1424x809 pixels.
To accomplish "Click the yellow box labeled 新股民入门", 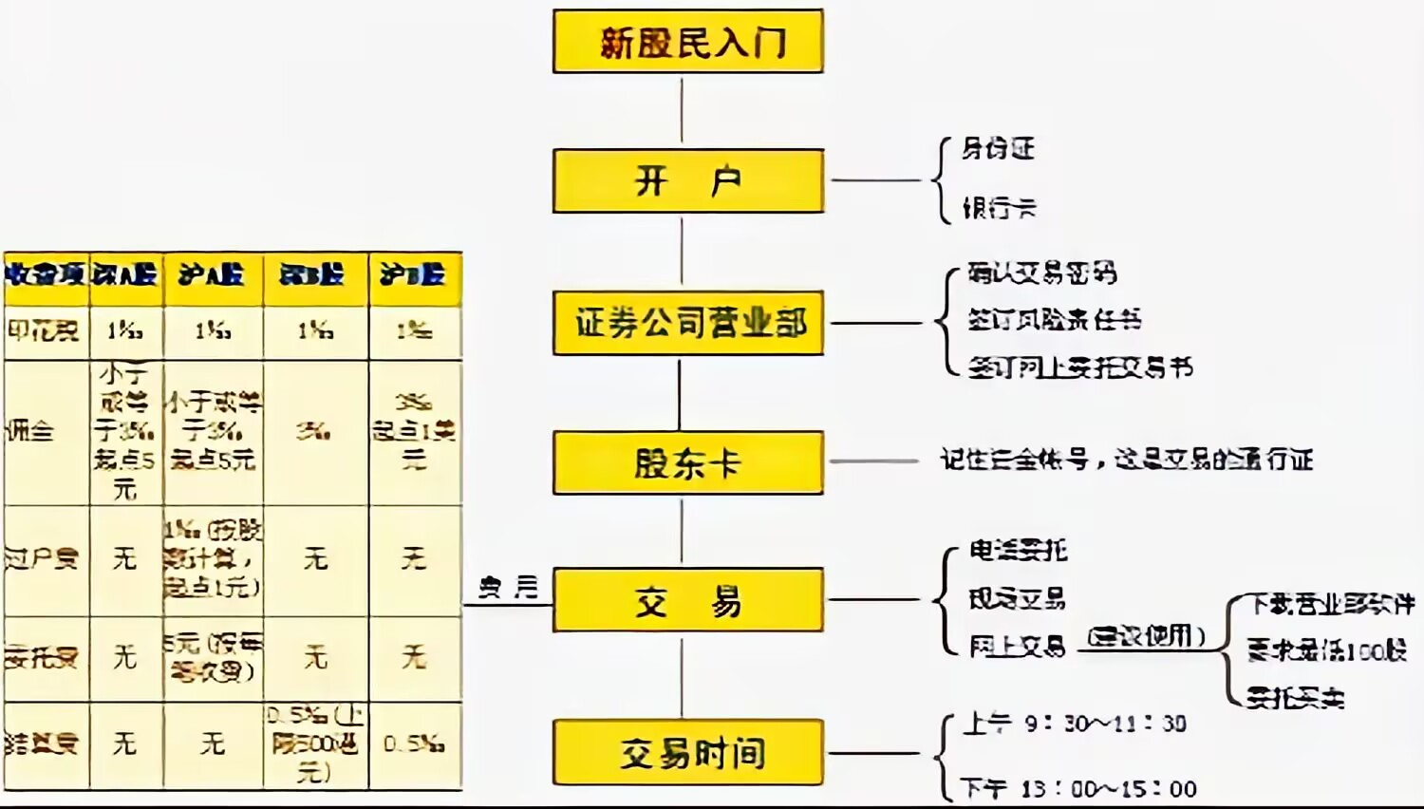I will [x=687, y=42].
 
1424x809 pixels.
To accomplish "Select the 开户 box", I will [x=687, y=180].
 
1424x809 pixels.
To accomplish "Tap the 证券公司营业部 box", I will [x=687, y=324].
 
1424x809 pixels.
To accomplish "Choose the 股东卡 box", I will [x=687, y=463].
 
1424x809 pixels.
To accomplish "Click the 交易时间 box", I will [x=687, y=753].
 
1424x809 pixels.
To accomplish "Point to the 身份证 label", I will [x=997, y=149].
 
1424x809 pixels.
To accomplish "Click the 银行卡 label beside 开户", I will [x=999, y=208].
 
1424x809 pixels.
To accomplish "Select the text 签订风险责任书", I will [x=1054, y=320].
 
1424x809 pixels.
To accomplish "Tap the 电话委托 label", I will [x=1018, y=550].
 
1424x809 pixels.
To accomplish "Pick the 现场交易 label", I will [x=1017, y=598].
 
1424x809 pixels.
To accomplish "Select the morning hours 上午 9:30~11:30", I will [x=1075, y=724].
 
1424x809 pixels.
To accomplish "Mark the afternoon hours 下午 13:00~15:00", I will [x=1078, y=788].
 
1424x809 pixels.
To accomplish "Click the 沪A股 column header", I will [x=212, y=275].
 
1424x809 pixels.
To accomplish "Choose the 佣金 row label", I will [x=30, y=431].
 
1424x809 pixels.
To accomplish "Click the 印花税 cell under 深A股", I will [x=125, y=331].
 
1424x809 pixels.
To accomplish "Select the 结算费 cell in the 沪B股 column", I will [x=414, y=744].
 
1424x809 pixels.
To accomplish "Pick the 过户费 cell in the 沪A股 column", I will [x=212, y=558].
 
